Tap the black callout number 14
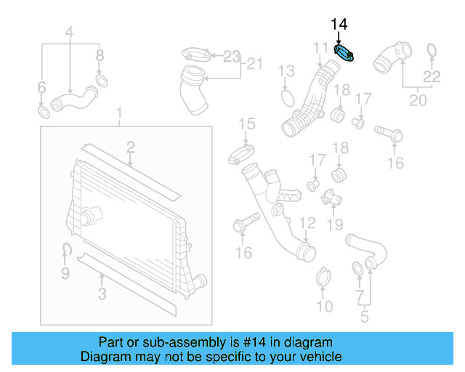click(339, 25)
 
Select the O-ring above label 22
click(431, 51)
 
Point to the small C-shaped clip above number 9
click(65, 251)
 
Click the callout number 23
click(231, 56)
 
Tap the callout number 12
click(307, 223)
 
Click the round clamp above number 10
click(325, 278)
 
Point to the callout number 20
click(418, 100)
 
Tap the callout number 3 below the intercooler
click(102, 294)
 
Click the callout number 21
click(252, 64)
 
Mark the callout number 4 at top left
click(70, 33)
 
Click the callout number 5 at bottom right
click(365, 316)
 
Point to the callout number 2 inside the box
click(130, 147)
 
